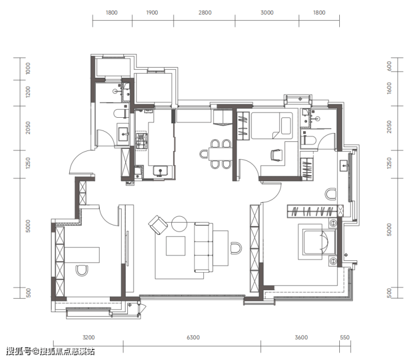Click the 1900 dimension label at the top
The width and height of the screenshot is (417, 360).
pos(152,12)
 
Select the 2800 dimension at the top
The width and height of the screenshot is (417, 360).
pos(205,12)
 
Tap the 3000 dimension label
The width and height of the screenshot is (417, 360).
pos(267,12)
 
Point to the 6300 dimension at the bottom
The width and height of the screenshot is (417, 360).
pos(193,337)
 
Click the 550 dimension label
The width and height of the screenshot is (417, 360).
pos(345,337)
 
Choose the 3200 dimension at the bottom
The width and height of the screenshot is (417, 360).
pos(88,337)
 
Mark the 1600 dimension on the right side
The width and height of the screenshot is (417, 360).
pos(389,88)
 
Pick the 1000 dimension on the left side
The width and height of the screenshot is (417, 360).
pos(28,68)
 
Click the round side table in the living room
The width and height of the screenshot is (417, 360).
pos(180,224)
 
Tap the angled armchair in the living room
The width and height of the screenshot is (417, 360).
pos(158,225)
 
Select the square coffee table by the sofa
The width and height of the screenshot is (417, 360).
pos(176,246)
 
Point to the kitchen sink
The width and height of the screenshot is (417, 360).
pos(160,171)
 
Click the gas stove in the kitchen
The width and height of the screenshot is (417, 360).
pos(141,141)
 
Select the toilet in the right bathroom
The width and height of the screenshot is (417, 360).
pos(308,140)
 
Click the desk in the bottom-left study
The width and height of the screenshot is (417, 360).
pos(82,255)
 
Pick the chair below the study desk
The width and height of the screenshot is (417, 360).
pos(82,270)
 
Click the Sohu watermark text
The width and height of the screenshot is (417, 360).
pos(50,352)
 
